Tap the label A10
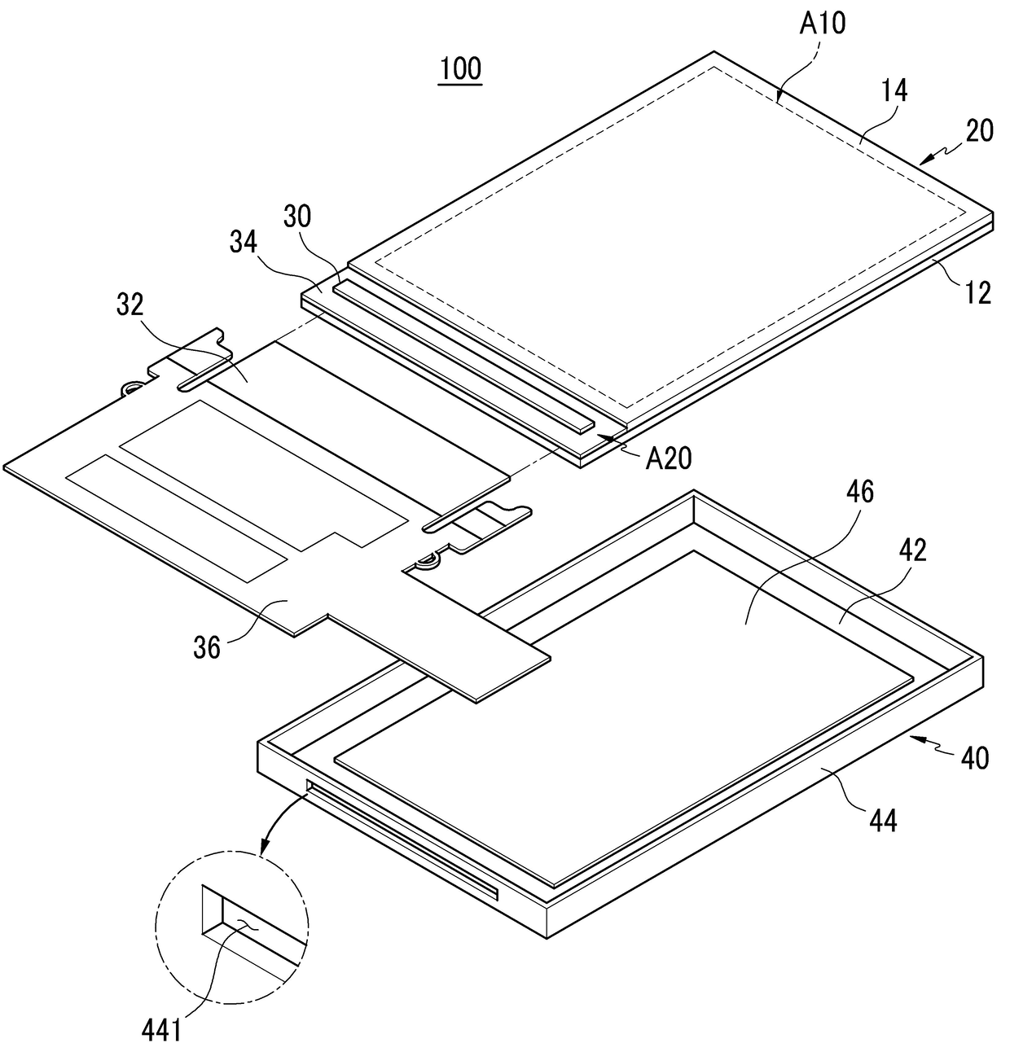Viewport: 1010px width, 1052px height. click(822, 24)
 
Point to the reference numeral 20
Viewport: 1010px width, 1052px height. click(980, 130)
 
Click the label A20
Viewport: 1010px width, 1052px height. click(668, 459)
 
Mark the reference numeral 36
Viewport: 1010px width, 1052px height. click(207, 647)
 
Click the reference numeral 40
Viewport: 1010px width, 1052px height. click(974, 758)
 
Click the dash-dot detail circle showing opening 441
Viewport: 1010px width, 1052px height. click(231, 928)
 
